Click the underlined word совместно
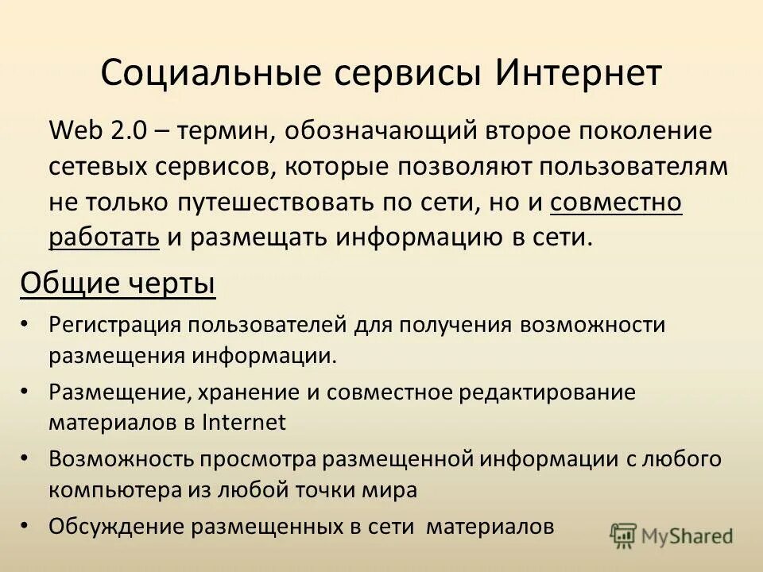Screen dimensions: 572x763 coord(616,203)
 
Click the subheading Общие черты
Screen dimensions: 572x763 coord(118,283)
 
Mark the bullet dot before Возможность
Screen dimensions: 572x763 coord(25,459)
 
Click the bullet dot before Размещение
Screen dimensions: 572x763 coord(25,392)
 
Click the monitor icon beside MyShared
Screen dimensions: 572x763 coord(625,536)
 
